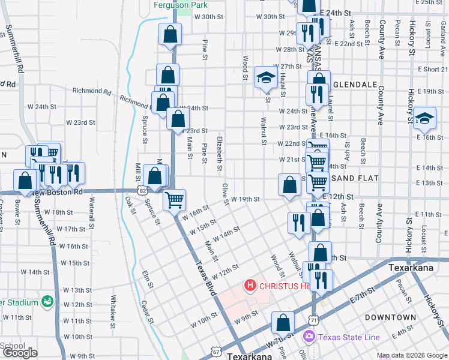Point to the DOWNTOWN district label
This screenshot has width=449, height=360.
point(390,317)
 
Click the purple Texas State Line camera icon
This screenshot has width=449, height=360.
point(310,337)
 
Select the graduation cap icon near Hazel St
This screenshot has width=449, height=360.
point(265,77)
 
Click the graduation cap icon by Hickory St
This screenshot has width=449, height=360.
point(424,118)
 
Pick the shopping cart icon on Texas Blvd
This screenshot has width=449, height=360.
point(175,200)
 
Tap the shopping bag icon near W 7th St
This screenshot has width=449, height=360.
point(282,323)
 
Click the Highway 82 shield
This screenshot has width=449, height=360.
point(142,190)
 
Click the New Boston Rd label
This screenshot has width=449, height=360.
point(58,192)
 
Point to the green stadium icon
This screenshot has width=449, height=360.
point(46,301)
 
